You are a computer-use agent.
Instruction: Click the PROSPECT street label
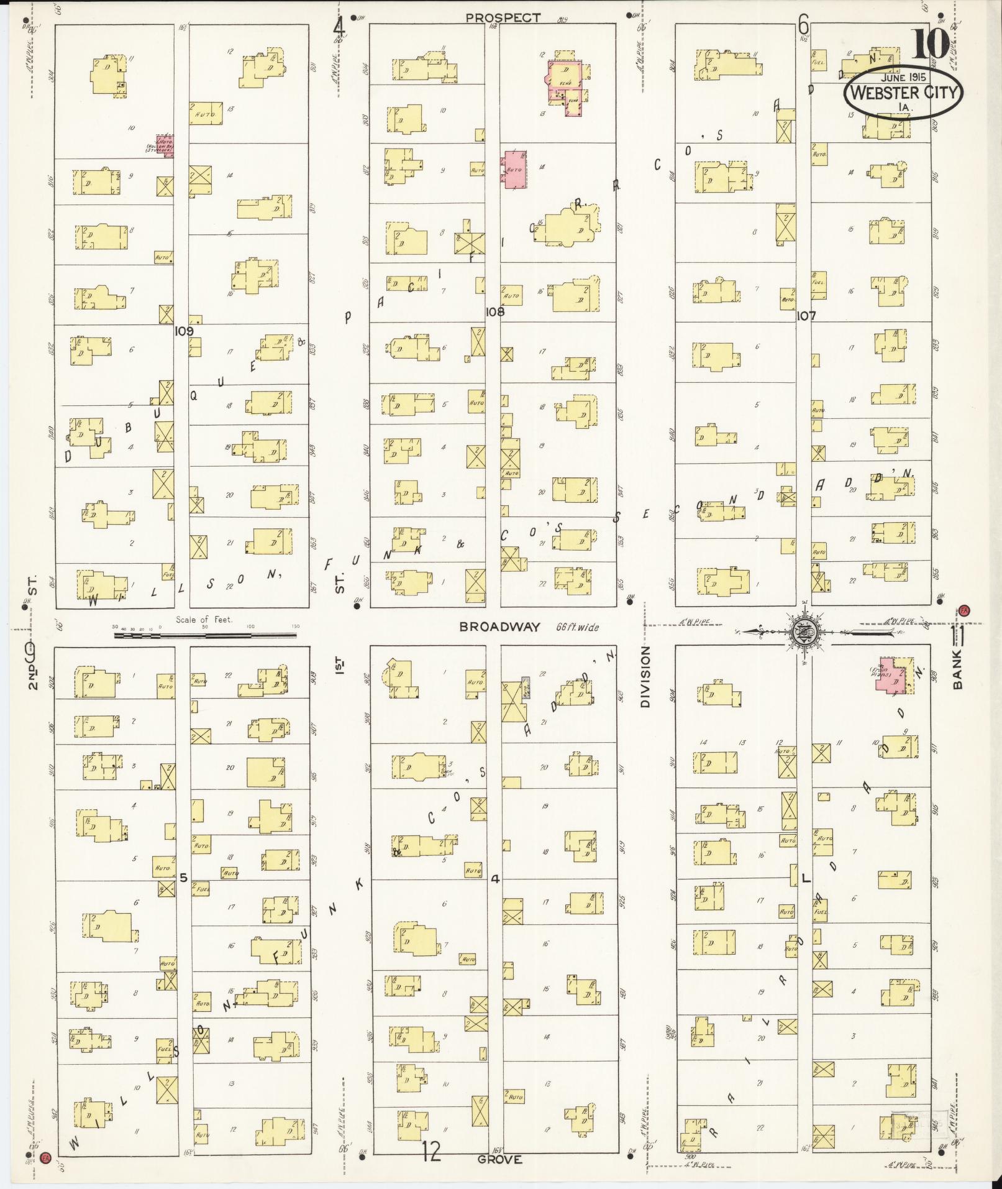(503, 18)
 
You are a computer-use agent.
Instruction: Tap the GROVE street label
(500, 1160)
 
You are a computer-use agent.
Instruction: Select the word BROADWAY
(501, 627)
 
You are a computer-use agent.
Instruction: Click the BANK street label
(957, 669)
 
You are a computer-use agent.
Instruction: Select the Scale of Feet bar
(205, 635)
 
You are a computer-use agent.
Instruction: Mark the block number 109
(184, 331)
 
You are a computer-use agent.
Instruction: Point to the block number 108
(495, 312)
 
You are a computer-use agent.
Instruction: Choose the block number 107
(806, 316)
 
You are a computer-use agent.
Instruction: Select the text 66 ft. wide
(577, 627)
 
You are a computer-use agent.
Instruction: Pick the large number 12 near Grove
(432, 1151)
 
